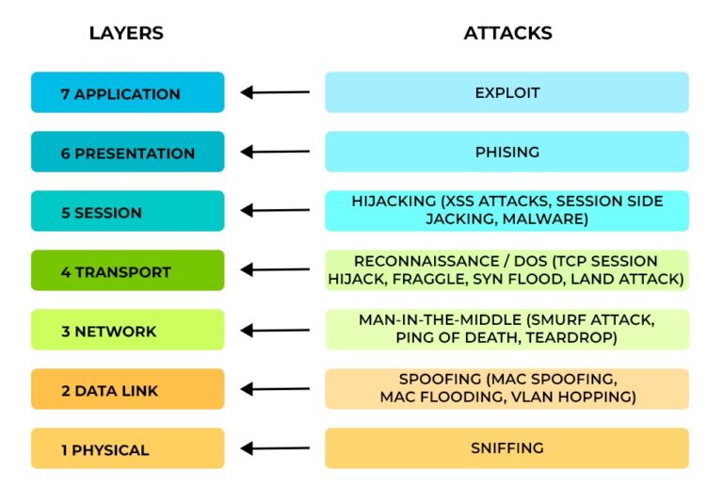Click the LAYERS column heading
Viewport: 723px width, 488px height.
126,33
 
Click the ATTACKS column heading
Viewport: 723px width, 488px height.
507,33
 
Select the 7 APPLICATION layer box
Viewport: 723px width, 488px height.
127,93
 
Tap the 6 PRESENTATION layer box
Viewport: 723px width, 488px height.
127,153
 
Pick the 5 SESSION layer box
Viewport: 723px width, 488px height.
127,212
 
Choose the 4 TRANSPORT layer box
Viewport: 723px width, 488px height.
127,271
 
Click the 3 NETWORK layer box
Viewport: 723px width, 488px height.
127,331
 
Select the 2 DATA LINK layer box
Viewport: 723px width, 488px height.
127,390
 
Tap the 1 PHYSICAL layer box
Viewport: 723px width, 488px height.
127,449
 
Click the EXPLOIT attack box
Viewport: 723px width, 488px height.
506,93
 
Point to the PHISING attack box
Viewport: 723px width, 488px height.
506,153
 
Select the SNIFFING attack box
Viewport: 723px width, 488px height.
506,449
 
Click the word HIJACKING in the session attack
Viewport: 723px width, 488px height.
389,202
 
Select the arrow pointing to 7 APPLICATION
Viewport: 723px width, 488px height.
275,92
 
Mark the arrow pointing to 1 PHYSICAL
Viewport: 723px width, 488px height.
275,449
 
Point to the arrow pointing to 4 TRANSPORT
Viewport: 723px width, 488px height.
275,271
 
